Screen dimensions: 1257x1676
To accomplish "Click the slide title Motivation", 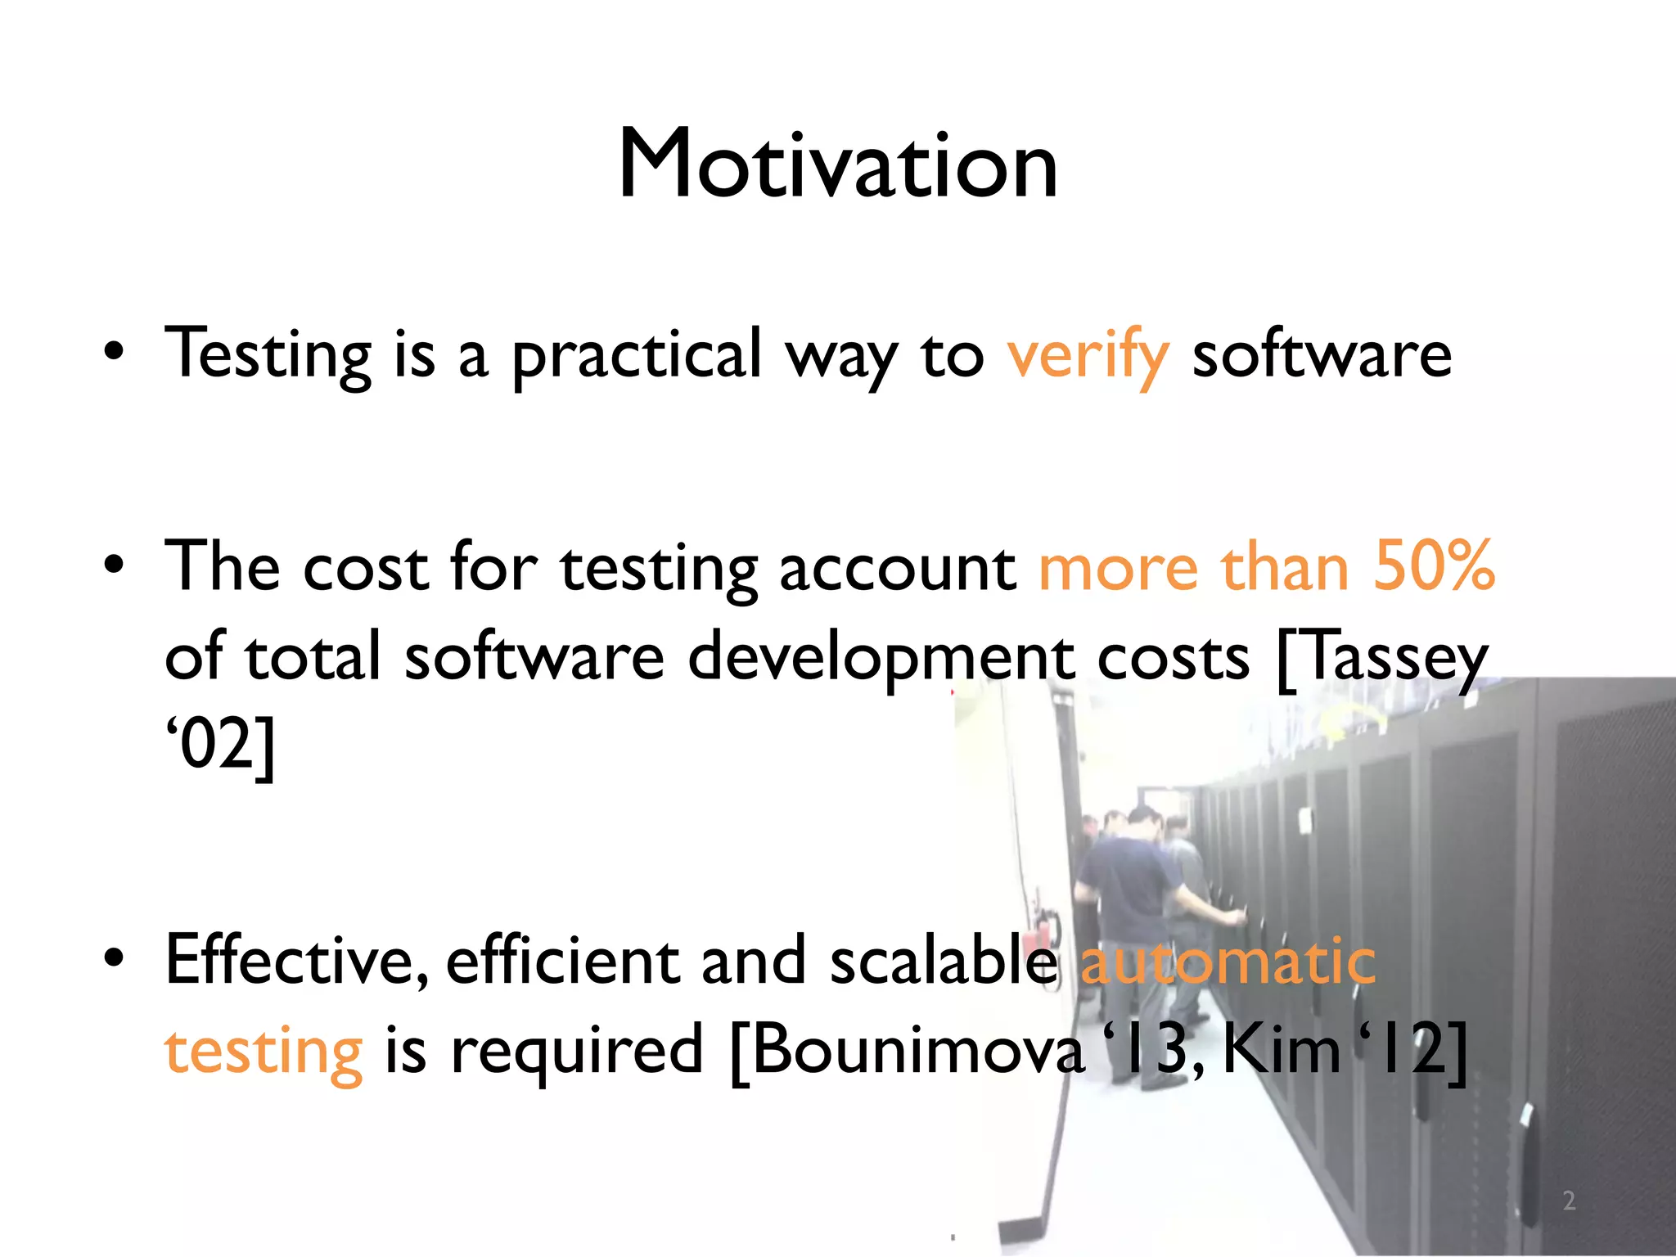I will (838, 165).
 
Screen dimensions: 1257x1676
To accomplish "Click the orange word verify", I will (1088, 355).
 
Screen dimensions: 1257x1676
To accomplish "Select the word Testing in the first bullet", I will (268, 355).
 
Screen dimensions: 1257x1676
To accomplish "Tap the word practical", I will (637, 355).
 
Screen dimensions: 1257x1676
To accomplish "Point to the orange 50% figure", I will (1434, 566).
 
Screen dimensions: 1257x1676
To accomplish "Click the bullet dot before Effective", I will (114, 957).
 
